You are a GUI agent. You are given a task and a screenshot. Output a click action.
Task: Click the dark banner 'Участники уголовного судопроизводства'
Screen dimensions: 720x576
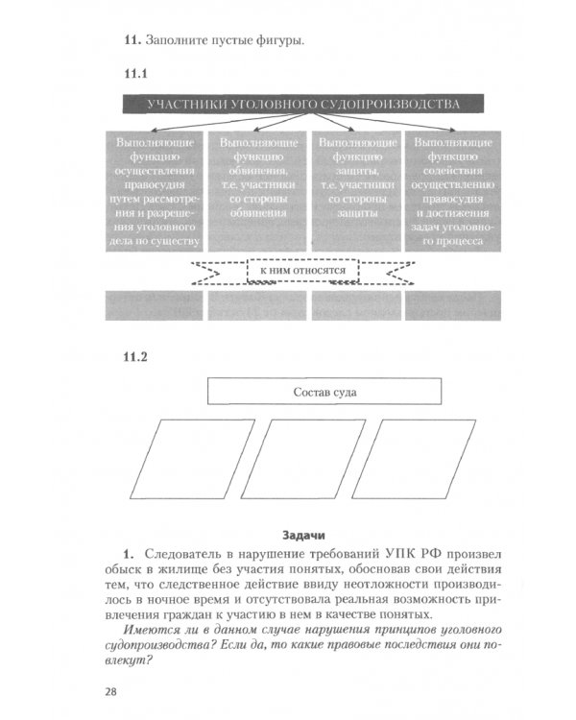coord(303,104)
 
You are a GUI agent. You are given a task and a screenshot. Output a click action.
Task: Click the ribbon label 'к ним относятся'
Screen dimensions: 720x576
coord(303,271)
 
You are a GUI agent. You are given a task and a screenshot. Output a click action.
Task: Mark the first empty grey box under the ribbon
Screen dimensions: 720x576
coord(154,304)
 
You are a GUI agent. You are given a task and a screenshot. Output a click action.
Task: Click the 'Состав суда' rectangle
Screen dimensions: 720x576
coord(324,392)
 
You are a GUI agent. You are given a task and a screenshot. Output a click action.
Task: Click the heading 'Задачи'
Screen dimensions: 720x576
coord(304,535)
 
